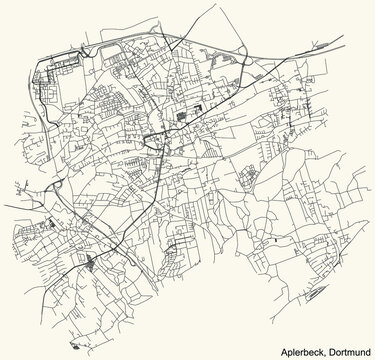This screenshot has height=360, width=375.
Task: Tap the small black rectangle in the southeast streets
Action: tap(271, 240)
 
